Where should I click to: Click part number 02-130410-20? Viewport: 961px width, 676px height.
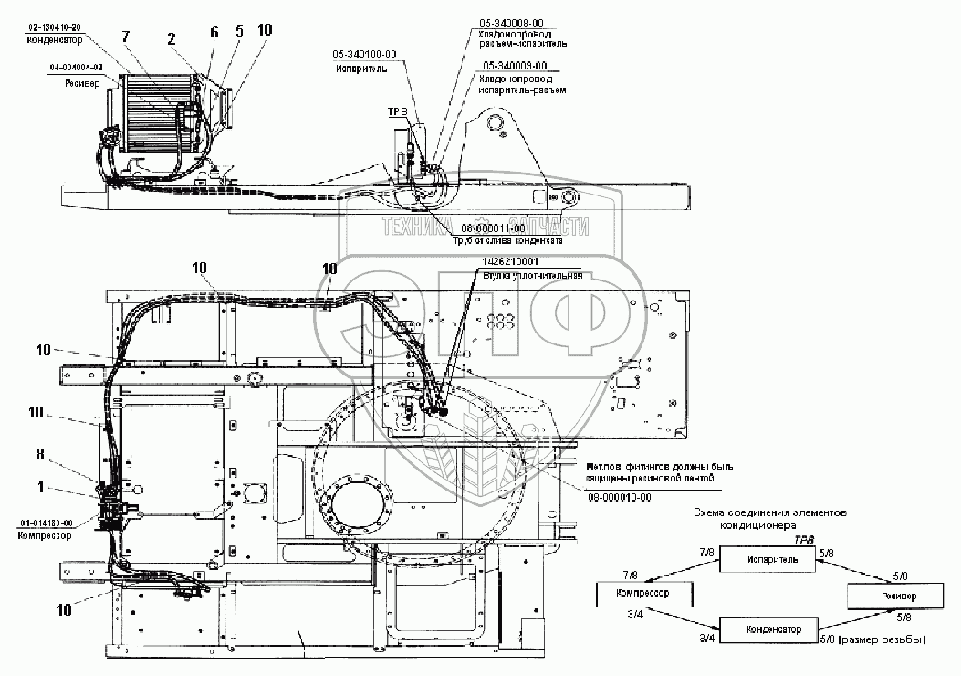[56, 28]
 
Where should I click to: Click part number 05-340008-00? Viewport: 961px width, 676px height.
[509, 20]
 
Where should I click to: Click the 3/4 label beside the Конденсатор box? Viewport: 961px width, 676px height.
[705, 637]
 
